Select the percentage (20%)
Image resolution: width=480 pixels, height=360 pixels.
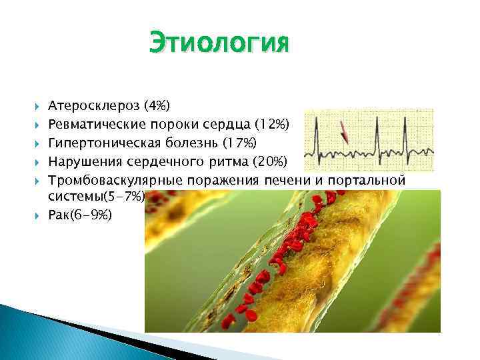271,162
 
